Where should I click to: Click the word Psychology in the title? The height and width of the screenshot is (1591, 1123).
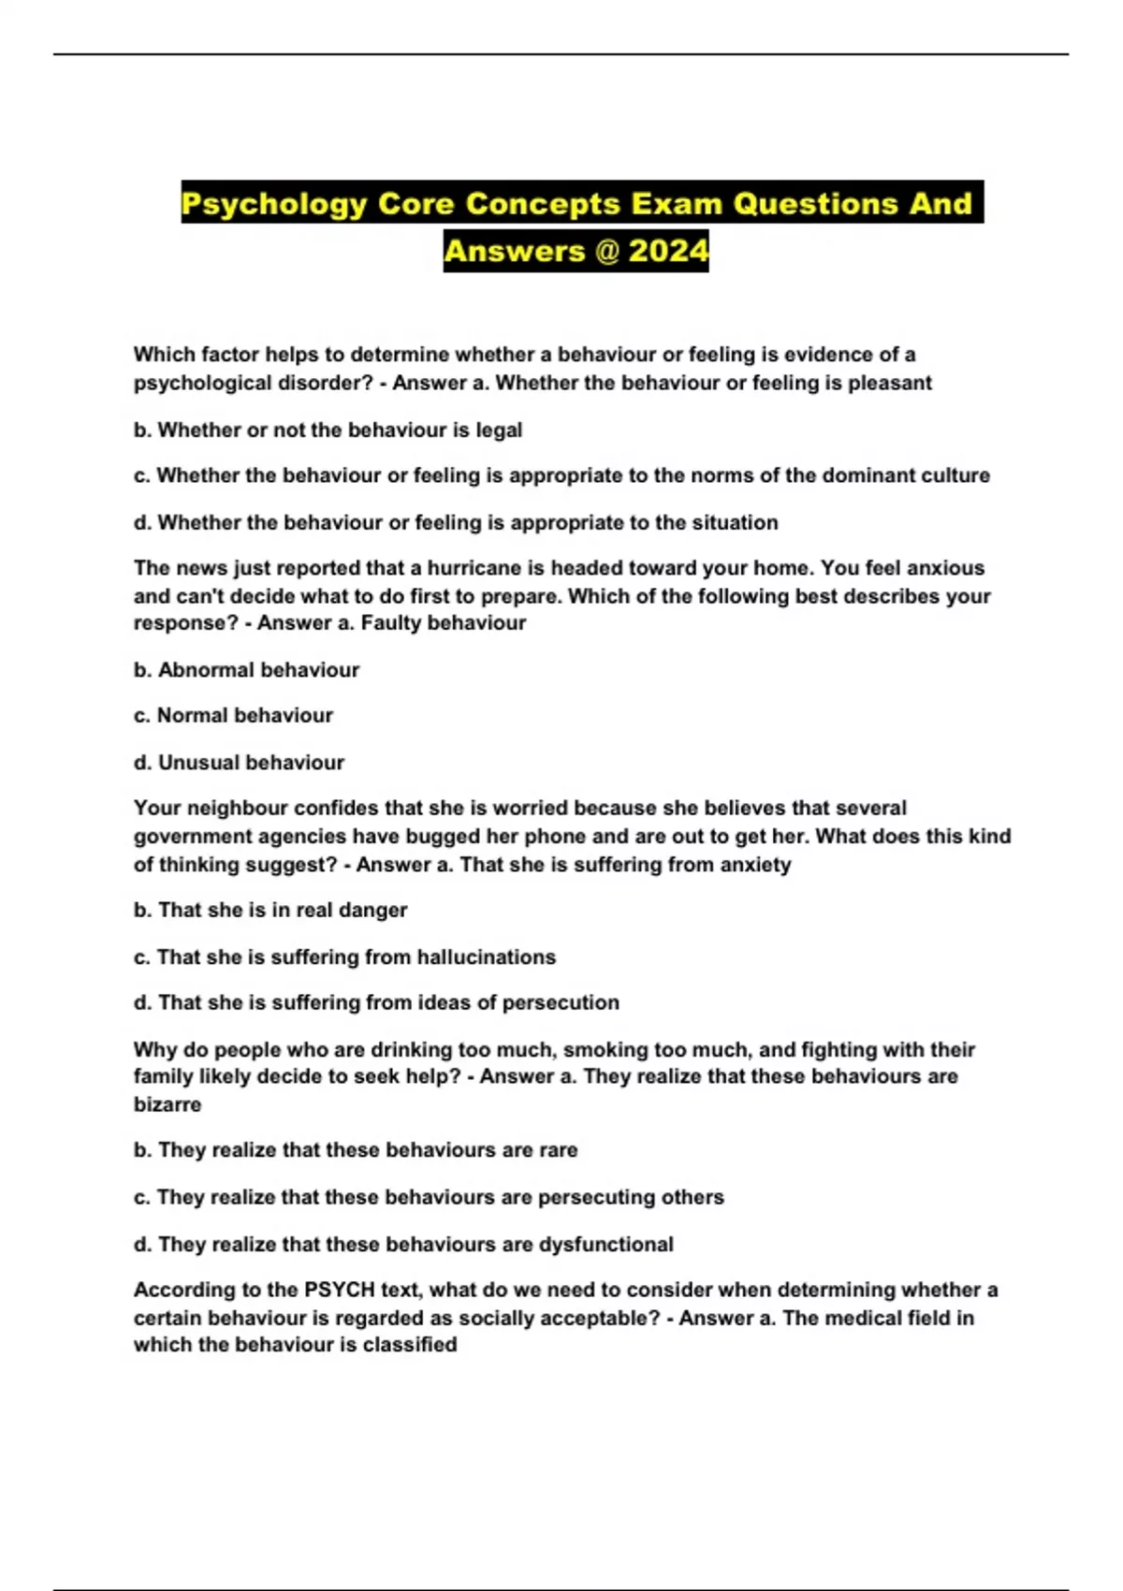(x=274, y=204)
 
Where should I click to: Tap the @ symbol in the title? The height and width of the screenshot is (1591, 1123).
(x=607, y=251)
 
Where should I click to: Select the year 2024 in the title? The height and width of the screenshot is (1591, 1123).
(x=668, y=251)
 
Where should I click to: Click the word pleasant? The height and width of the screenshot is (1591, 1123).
(x=890, y=383)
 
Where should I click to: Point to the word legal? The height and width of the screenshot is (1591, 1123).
(x=499, y=431)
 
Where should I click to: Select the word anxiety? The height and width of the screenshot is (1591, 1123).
(x=755, y=865)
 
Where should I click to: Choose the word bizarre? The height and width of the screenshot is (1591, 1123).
(x=168, y=1104)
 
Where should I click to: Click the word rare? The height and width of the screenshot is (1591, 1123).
(x=558, y=1150)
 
